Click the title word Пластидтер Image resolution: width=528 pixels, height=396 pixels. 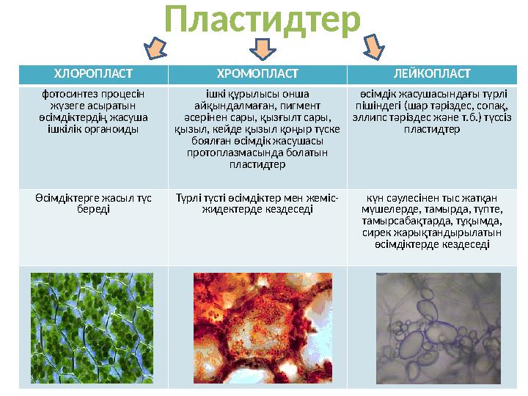click(x=263, y=20)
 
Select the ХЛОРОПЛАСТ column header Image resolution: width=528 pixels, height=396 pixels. click(x=93, y=73)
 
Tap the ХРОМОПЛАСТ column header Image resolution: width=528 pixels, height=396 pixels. click(x=257, y=73)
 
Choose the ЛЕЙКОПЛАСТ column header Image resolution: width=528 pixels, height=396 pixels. click(x=432, y=73)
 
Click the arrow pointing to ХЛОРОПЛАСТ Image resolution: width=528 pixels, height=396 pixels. click(x=155, y=48)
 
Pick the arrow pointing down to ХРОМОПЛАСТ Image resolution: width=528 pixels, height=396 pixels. click(x=263, y=49)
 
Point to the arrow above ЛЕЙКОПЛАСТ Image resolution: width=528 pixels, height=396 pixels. click(x=374, y=46)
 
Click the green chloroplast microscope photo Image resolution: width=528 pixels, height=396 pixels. click(x=92, y=328)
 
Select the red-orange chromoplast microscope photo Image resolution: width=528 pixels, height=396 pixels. click(x=263, y=328)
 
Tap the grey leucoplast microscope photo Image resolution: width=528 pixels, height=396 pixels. click(x=439, y=329)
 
